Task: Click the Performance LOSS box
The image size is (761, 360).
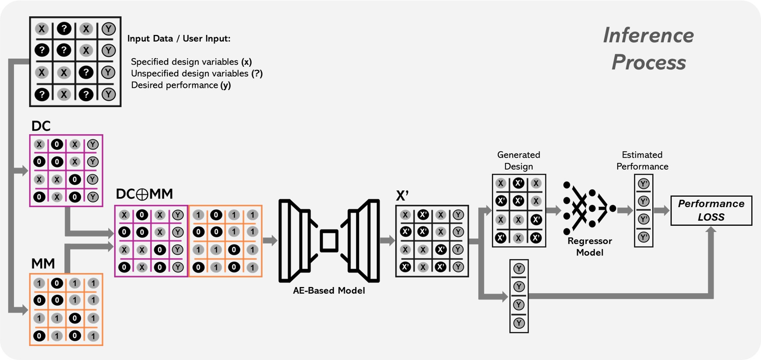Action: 711,211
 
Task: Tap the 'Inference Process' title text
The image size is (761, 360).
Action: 648,48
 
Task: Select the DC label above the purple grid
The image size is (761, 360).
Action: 41,126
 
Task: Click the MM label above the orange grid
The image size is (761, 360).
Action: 43,264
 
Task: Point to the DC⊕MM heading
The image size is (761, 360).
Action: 144,194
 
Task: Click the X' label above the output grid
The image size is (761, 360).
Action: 402,196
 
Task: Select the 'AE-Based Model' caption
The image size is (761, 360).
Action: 329,291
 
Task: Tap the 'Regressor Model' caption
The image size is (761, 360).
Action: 589,246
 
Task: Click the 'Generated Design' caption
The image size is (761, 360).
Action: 519,160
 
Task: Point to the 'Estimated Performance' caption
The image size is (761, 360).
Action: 642,160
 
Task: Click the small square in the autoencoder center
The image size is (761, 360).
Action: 329,241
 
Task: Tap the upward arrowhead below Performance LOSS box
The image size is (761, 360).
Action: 711,231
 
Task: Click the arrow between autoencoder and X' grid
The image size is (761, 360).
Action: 387,240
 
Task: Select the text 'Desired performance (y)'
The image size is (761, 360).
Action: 181,85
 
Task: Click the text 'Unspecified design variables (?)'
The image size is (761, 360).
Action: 197,73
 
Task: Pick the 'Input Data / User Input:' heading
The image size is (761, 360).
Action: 179,38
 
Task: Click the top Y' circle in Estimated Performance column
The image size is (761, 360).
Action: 643,184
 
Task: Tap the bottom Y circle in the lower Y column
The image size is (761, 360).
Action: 519,323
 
